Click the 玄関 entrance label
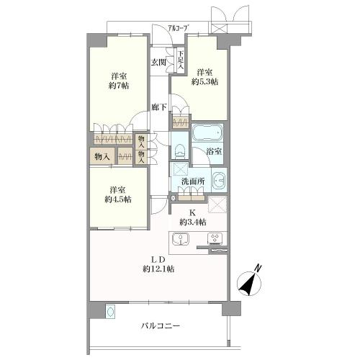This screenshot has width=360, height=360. pos(158,63)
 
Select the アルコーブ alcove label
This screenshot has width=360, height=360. pos(178,28)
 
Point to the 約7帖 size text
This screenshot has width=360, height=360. pos(119,86)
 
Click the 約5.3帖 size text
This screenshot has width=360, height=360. pos(204,81)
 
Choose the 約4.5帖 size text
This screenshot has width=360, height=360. pos(118,199)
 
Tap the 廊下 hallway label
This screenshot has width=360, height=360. pos(159,107)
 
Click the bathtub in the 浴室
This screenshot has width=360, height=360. pos(207,132)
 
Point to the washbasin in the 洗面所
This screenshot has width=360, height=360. pos(219,180)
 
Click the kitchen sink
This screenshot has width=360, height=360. pos(181,239)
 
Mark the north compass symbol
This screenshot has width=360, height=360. pos(250,281)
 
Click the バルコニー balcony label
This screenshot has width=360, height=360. pos(161,326)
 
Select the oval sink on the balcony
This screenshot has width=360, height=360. pos(110,312)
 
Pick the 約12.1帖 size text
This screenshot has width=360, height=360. pos(158,269)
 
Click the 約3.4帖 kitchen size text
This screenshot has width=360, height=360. pos(193,222)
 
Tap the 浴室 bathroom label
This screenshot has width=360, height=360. pos(214,152)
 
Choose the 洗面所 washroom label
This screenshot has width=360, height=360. pos(193,181)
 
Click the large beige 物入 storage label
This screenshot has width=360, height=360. pos(102,157)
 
